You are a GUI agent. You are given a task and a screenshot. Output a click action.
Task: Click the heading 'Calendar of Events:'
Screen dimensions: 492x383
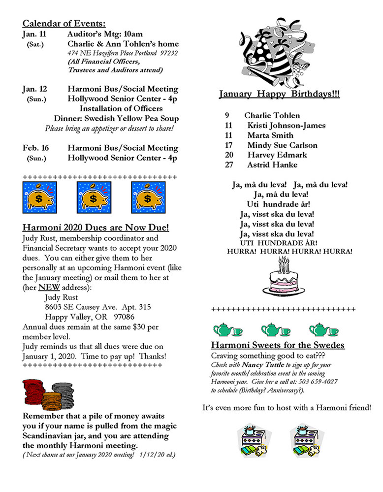point(64,23)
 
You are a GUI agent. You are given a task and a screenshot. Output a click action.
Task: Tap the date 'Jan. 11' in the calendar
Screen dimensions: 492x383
point(34,34)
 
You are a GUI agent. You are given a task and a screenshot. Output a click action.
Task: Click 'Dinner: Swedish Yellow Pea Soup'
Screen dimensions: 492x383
point(116,118)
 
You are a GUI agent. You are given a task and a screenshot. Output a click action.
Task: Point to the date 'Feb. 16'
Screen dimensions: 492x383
point(35,148)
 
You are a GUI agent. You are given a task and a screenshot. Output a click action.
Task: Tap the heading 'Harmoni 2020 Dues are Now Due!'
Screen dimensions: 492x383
point(96,228)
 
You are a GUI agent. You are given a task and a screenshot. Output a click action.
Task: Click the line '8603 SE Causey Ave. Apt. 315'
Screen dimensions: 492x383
point(97,306)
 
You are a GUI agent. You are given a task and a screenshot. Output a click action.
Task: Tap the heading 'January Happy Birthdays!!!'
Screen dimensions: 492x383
point(279,94)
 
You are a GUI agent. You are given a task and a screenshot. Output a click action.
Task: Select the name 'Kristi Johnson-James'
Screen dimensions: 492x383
point(287,126)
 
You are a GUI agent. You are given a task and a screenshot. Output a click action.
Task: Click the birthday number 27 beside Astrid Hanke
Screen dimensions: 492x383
point(228,165)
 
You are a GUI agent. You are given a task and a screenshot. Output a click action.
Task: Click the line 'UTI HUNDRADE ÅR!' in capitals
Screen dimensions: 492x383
point(279,243)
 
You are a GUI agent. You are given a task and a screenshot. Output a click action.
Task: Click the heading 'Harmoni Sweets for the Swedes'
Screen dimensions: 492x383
point(277,345)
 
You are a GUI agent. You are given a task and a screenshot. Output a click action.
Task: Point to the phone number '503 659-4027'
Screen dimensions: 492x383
point(316,382)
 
